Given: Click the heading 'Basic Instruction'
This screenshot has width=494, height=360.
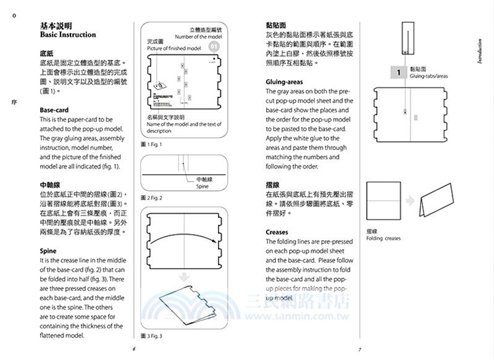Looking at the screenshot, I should coord(68,35).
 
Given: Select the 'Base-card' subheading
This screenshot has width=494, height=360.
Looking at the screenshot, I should coord(54,110).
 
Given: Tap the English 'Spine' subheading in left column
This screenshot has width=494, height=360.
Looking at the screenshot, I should coord(48,251).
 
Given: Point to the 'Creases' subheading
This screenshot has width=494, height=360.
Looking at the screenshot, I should coord(277,232).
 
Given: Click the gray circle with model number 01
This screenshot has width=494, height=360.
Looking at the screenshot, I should coord(214,46).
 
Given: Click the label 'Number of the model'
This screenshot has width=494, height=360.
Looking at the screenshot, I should coord(198,37).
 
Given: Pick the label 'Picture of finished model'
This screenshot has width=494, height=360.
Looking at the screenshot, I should coord(174,48).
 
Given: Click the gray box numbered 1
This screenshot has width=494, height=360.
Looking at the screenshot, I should coord(399,73).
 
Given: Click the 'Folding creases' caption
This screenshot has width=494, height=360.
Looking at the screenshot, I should coord(383,238).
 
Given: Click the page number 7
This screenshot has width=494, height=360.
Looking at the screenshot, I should coord(359,350).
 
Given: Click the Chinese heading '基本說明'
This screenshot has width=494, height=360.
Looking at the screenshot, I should coord(56,26).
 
